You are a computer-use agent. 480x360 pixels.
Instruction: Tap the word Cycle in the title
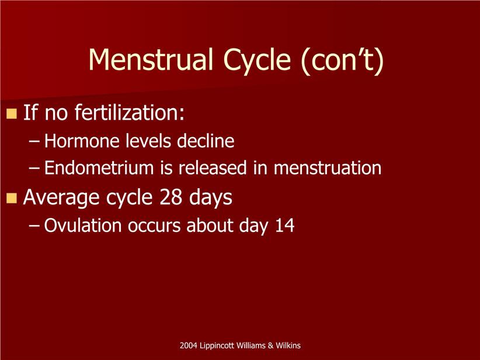pyautogui.click(x=257, y=61)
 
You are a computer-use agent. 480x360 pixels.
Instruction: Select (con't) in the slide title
pyautogui.click(x=342, y=61)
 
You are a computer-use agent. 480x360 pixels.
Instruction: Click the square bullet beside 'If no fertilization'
pyautogui.click(x=11, y=113)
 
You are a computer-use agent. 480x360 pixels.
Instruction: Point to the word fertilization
pyautogui.click(x=130, y=112)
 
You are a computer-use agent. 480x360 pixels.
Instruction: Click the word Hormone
pyautogui.click(x=82, y=141)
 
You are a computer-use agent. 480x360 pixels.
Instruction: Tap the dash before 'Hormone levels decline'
pyautogui.click(x=34, y=142)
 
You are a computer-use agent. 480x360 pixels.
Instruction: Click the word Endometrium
pyautogui.click(x=99, y=168)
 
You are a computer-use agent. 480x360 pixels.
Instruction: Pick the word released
pyautogui.click(x=213, y=168)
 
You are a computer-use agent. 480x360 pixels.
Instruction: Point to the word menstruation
pyautogui.click(x=327, y=168)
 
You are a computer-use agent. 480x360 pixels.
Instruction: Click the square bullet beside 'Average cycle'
pyautogui.click(x=11, y=198)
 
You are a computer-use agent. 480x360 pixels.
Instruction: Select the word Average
pyautogui.click(x=61, y=198)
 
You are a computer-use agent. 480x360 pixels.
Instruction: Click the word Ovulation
pyautogui.click(x=83, y=226)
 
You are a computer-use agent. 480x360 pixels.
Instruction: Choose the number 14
pyautogui.click(x=285, y=226)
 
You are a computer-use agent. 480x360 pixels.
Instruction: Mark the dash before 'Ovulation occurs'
pyautogui.click(x=34, y=226)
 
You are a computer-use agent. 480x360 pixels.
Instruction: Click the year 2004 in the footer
pyautogui.click(x=188, y=345)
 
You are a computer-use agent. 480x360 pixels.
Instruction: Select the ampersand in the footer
pyautogui.click(x=270, y=345)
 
